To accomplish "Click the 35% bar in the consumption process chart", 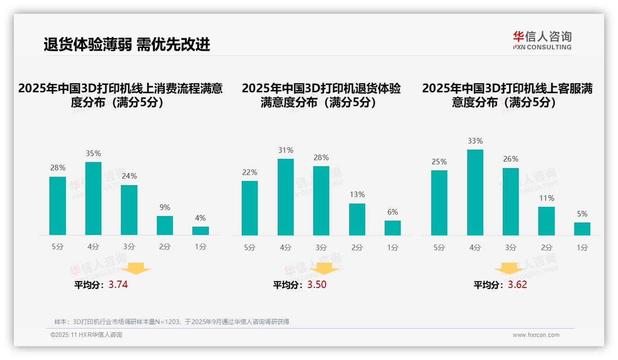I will pyautogui.click(x=93, y=198).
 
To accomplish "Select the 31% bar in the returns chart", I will pyautogui.click(x=285, y=197).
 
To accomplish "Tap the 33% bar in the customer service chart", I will pyautogui.click(x=475, y=192).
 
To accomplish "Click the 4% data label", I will pyautogui.click(x=200, y=218).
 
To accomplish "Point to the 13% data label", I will pyautogui.click(x=357, y=195).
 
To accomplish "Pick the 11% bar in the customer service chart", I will pyautogui.click(x=547, y=221).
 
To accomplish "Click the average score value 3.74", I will pyautogui.click(x=118, y=285).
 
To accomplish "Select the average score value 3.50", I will pyautogui.click(x=316, y=285).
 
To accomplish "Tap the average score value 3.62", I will pyautogui.click(x=517, y=285).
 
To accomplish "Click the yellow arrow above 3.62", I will pyautogui.click(x=509, y=269).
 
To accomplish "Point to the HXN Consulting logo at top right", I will pyautogui.click(x=542, y=41).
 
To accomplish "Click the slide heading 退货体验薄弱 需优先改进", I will pyautogui.click(x=127, y=44).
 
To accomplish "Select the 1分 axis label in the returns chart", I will pyautogui.click(x=392, y=247).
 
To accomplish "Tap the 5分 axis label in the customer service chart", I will pyautogui.click(x=439, y=247).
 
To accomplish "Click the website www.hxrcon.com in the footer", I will pyautogui.click(x=536, y=335).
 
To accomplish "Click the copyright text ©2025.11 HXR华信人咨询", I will pyautogui.click(x=86, y=335).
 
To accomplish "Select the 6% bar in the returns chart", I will pyautogui.click(x=392, y=228).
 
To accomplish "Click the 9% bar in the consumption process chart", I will pyautogui.click(x=165, y=226).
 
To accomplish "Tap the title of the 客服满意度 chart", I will pyautogui.click(x=507, y=95).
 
